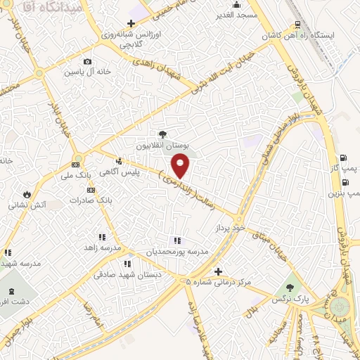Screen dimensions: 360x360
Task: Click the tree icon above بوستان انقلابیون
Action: (x=162, y=134)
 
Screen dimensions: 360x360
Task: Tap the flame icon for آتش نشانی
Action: (x=27, y=194)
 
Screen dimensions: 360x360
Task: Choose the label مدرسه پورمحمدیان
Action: (x=177, y=251)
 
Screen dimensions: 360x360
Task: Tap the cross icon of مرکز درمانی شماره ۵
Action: (x=218, y=271)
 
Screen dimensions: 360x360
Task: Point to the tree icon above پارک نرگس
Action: (x=289, y=287)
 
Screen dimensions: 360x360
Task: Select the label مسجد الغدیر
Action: (x=238, y=15)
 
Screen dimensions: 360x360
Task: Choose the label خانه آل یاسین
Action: (x=86, y=72)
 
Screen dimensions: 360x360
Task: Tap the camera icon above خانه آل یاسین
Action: (x=86, y=61)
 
